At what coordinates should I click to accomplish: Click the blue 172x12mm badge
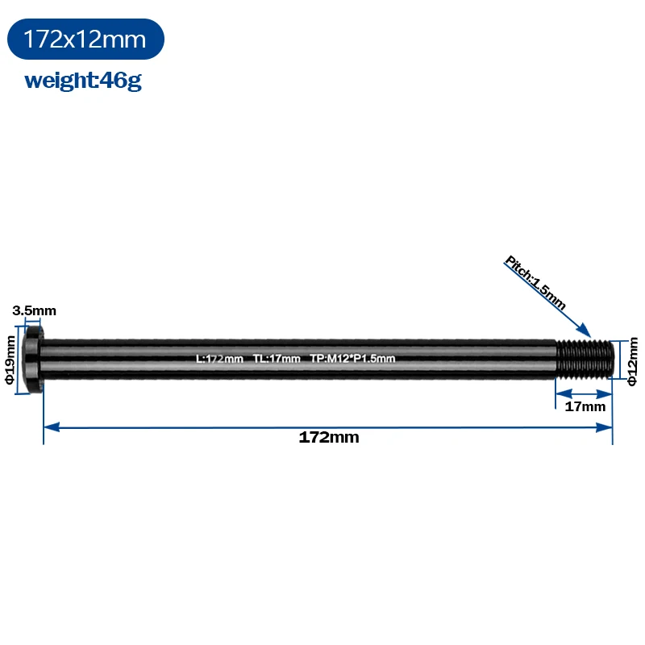(85, 39)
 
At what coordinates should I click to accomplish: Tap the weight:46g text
(83, 81)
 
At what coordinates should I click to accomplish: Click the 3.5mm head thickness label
(34, 310)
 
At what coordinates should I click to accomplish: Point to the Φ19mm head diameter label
(10, 360)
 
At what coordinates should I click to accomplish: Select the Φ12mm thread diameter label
(633, 361)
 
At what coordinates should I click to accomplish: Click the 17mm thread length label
(585, 406)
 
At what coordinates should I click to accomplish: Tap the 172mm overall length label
(329, 437)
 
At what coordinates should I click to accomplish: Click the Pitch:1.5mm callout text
(535, 282)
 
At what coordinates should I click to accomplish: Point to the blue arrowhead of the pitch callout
(584, 331)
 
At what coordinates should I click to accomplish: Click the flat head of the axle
(32, 359)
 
